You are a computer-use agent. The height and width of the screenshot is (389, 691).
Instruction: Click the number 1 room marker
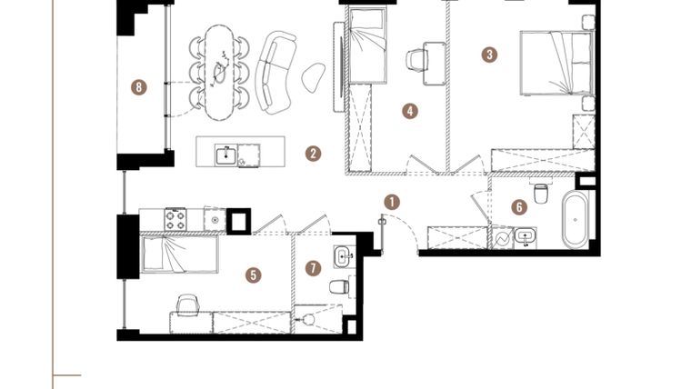tap(392, 201)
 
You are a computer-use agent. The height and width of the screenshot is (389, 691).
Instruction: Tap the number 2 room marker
tap(313, 154)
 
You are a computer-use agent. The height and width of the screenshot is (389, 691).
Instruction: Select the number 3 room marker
tap(490, 54)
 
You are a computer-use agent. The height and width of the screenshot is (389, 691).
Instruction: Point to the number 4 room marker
tap(410, 111)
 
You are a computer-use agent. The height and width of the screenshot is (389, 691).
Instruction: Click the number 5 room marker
tap(254, 273)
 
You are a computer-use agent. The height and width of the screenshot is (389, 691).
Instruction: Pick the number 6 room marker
tap(519, 206)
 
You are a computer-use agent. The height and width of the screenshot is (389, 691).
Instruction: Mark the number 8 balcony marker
tap(138, 87)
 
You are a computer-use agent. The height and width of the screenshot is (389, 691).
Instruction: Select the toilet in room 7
tap(339, 287)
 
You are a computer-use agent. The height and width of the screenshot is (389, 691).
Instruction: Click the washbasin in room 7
tap(343, 255)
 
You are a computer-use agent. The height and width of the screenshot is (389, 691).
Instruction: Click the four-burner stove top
tap(175, 219)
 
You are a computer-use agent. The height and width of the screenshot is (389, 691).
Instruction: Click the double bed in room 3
tap(556, 63)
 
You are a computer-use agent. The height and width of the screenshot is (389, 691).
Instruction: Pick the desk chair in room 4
tap(417, 59)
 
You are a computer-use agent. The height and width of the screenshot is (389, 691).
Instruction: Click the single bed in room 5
tap(180, 254)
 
